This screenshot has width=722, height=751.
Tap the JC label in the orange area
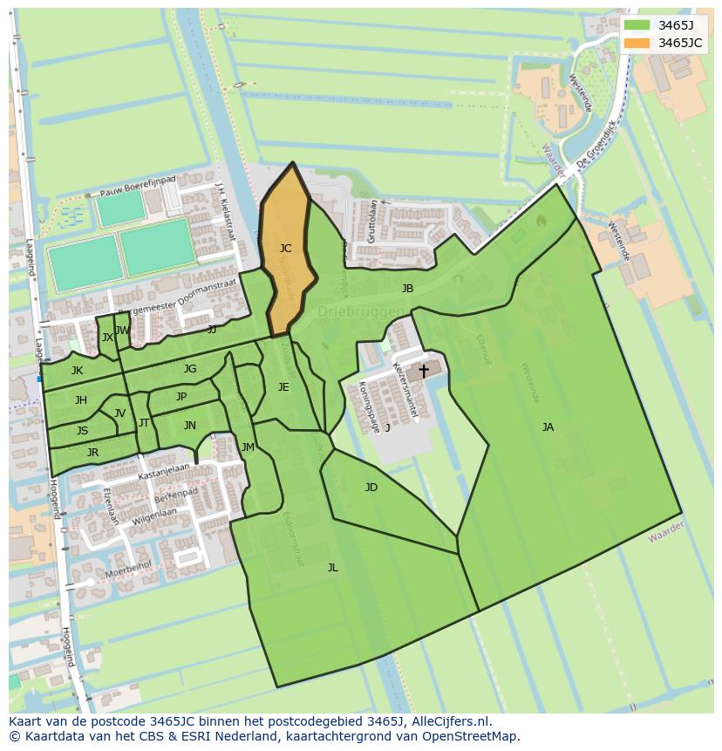(x=285, y=249)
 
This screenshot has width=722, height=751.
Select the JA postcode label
(x=548, y=427)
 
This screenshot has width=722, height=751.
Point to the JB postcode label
(x=407, y=289)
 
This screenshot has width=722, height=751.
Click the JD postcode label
(x=371, y=488)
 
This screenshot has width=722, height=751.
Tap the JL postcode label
(x=332, y=568)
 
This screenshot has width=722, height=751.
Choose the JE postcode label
(x=283, y=387)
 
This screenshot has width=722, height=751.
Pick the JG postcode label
(x=190, y=369)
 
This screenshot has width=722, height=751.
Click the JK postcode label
(x=78, y=371)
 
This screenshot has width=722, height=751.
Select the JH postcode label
(x=80, y=400)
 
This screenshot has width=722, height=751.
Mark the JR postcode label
(x=92, y=453)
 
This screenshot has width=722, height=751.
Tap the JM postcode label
(x=248, y=447)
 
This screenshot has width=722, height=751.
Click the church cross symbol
(x=424, y=371)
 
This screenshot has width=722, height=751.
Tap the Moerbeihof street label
(x=127, y=572)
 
